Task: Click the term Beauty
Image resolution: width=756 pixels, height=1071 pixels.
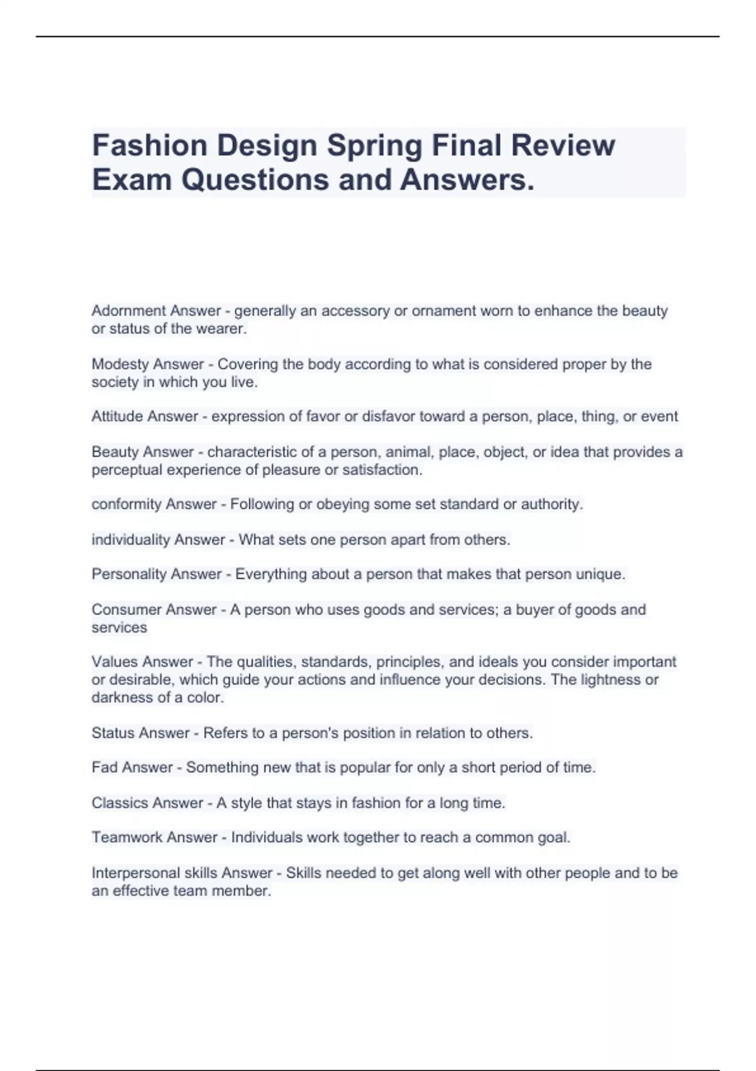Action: (112, 452)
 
